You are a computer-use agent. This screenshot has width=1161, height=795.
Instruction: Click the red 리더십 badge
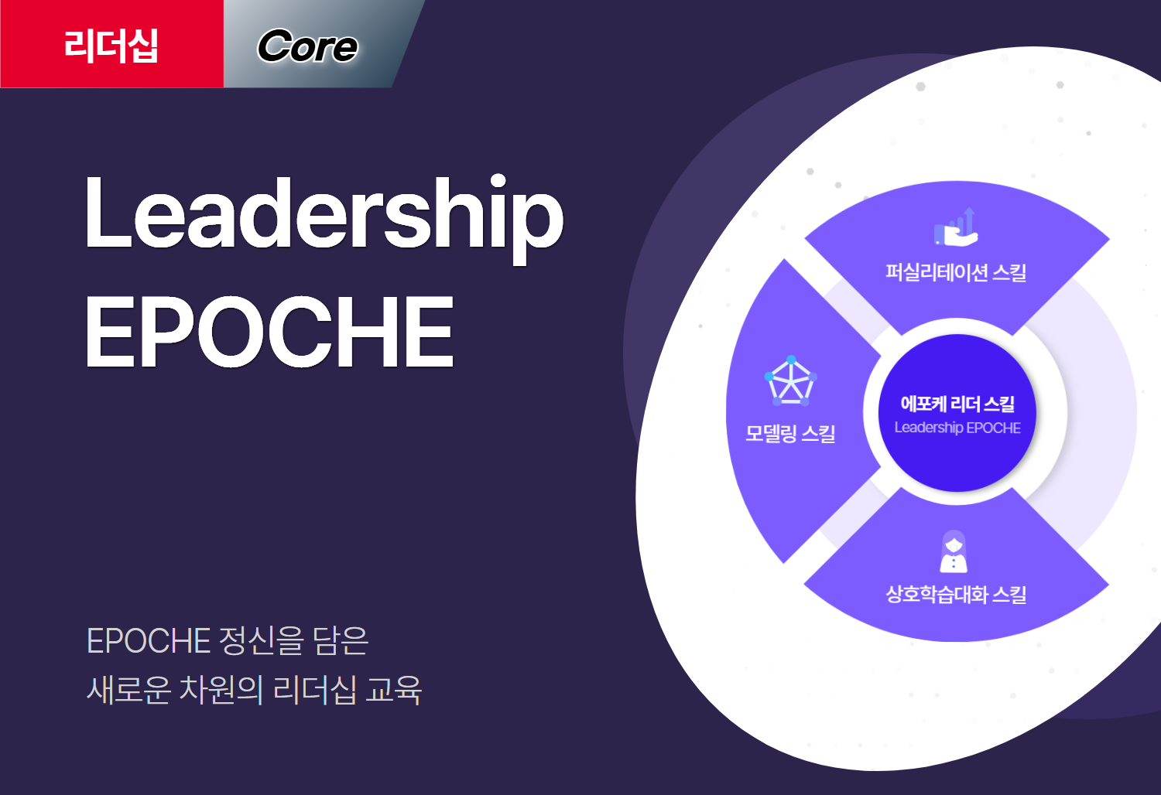111,44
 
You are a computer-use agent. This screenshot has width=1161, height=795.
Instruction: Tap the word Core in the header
307,46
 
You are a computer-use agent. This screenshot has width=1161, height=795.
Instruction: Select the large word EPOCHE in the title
269,331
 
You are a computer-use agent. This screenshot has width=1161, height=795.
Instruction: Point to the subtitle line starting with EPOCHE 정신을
228,640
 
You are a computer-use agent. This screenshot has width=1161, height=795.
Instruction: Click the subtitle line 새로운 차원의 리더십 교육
254,690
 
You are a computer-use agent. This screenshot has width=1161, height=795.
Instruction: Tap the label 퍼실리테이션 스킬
956,272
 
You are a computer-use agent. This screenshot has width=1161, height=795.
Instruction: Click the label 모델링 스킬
790,433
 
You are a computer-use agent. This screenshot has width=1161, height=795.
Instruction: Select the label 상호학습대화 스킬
956,594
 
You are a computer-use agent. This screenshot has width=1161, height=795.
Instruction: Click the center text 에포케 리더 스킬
957,404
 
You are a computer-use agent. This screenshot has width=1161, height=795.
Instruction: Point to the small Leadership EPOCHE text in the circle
957,428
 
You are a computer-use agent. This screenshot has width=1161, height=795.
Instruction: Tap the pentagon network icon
791,380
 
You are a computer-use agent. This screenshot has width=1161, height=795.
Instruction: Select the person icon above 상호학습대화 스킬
954,551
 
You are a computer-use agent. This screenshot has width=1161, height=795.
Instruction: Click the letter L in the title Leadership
108,213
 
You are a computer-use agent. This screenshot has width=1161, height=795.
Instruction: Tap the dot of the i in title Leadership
498,181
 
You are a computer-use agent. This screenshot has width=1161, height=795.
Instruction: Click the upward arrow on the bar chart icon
969,220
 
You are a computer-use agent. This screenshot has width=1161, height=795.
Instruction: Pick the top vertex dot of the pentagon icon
791,360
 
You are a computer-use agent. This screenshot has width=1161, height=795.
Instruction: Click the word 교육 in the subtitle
393,690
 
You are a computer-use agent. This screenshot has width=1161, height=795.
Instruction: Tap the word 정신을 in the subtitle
262,640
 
